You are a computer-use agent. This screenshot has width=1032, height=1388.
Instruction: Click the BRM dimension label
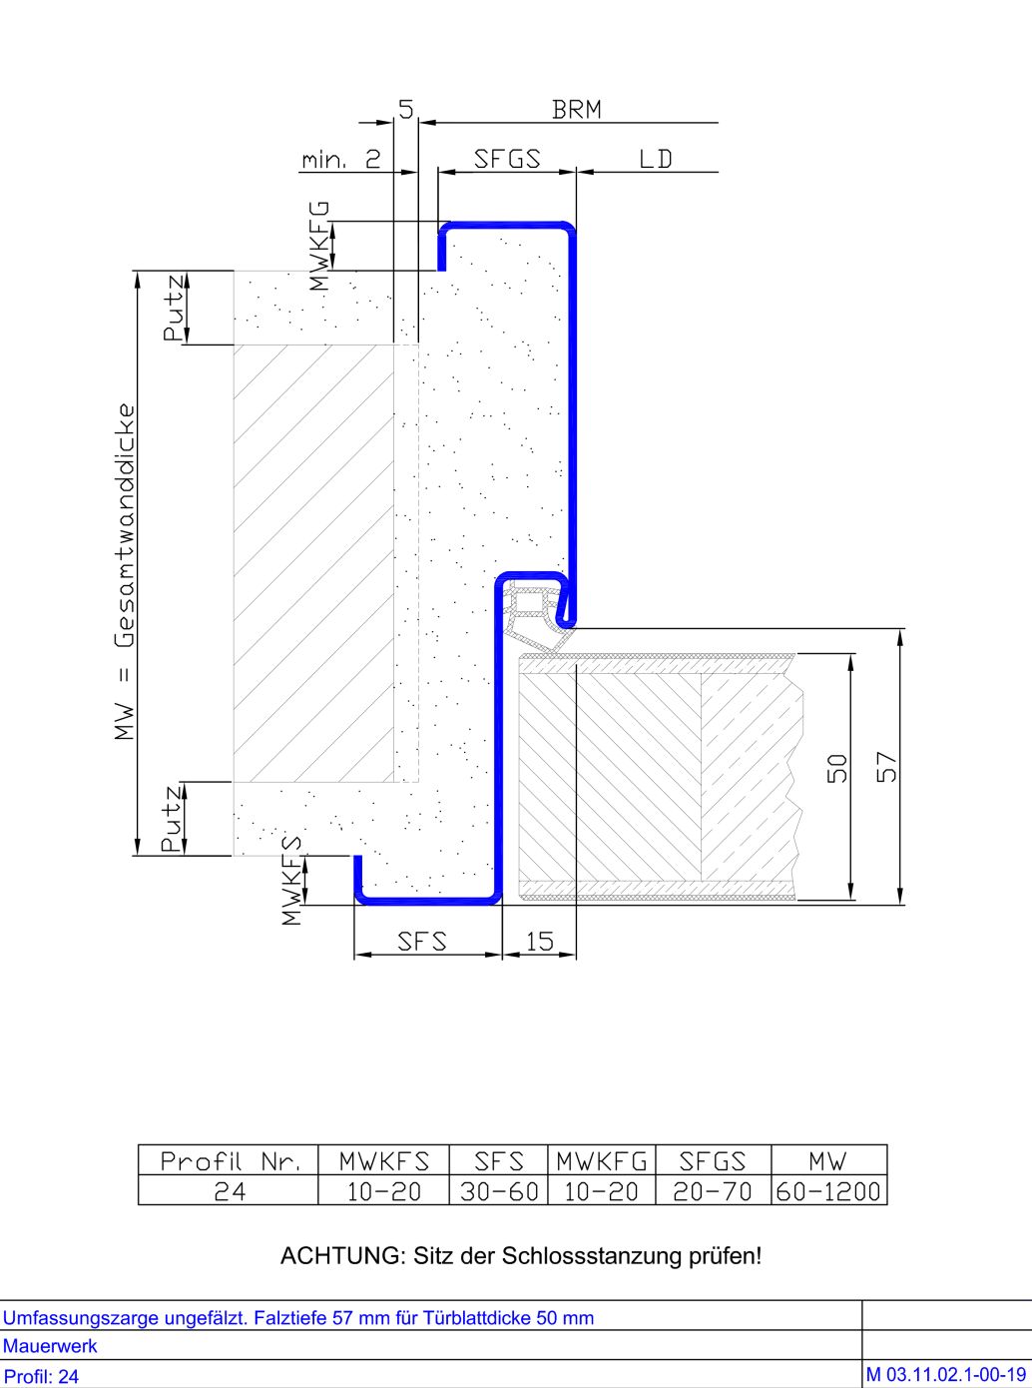[x=577, y=110]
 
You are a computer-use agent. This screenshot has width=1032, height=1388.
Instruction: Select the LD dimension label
[x=656, y=159]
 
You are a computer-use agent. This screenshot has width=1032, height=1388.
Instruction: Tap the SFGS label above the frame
[x=507, y=159]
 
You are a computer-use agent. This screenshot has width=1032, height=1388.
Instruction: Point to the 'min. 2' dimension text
[x=341, y=160]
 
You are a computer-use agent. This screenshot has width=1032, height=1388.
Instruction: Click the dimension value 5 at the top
[x=406, y=110]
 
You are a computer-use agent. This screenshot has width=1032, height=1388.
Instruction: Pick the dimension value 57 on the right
[x=887, y=767]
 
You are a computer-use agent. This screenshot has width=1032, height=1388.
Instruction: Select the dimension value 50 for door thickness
[x=837, y=769]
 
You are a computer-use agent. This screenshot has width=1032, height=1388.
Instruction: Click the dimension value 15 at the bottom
[x=539, y=942]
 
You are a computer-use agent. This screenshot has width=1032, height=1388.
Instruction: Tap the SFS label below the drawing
[x=422, y=942]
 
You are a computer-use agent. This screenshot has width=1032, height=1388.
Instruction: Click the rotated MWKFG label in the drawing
[x=319, y=246]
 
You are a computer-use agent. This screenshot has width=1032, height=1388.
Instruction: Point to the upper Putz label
[x=174, y=308]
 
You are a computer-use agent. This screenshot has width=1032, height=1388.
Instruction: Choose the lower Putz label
[x=173, y=819]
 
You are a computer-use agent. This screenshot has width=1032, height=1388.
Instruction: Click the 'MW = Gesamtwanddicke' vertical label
[x=125, y=571]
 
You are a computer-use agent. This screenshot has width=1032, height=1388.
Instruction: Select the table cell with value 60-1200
[x=828, y=1191]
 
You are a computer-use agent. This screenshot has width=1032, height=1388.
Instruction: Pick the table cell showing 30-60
[x=498, y=1191]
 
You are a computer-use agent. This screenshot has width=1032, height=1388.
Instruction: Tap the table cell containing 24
[x=230, y=1191]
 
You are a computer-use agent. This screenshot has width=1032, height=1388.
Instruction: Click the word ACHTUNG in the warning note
[x=342, y=1256]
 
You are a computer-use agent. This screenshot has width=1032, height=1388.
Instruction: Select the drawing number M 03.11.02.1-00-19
[x=946, y=1375]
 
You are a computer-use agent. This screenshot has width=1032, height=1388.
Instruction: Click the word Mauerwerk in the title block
[x=50, y=1345]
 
